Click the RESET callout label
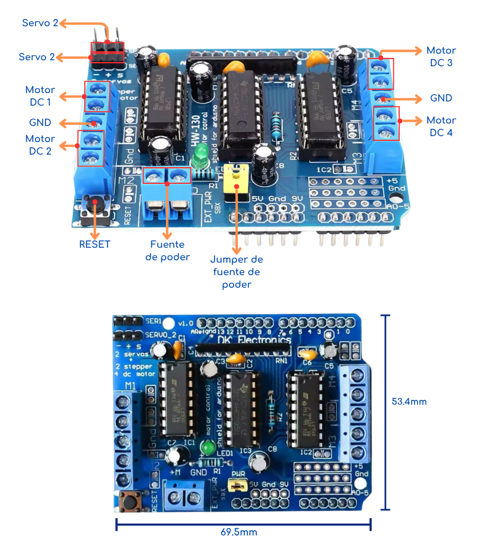(94, 244)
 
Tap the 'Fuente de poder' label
(167, 251)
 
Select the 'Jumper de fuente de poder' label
(237, 272)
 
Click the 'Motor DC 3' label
(441, 56)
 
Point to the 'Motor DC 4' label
(441, 127)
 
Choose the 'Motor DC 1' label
(40, 96)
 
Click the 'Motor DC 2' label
(40, 144)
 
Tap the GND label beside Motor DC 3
(441, 98)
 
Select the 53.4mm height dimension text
(409, 401)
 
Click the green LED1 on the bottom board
(209, 447)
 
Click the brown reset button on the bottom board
(128, 500)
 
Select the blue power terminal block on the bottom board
(182, 494)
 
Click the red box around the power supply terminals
(167, 176)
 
